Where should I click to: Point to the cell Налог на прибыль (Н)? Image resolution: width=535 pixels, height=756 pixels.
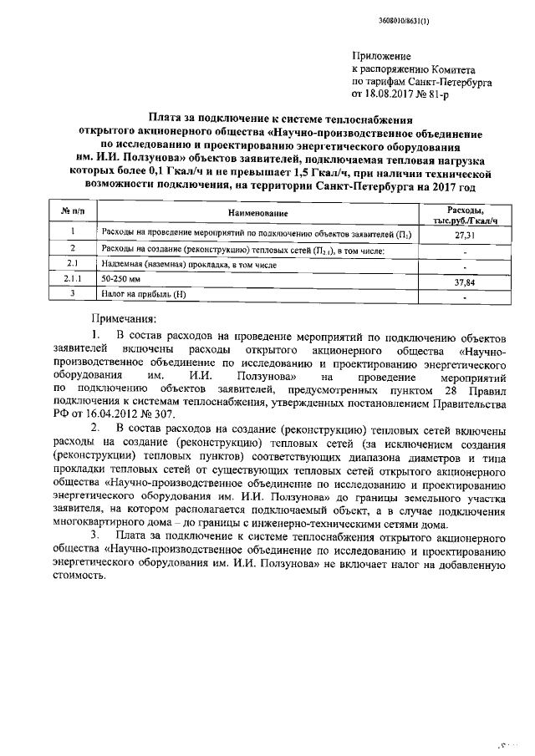click(x=142, y=295)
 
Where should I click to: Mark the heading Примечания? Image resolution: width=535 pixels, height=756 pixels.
click(x=123, y=319)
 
